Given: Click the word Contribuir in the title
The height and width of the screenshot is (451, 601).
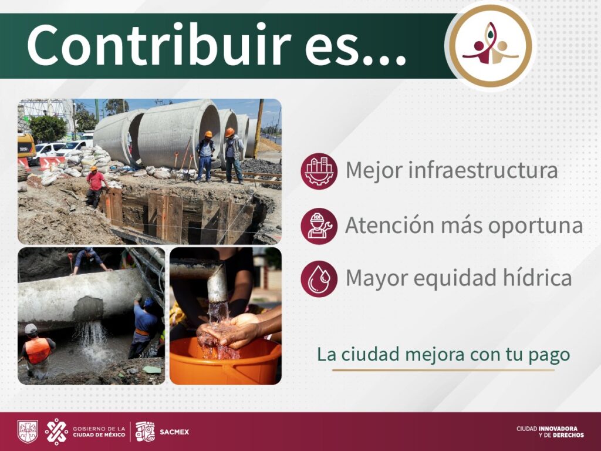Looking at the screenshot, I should [x=158, y=46].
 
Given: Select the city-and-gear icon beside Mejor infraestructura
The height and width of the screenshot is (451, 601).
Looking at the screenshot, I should [x=319, y=171].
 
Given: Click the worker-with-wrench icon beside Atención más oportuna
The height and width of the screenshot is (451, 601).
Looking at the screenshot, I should [x=319, y=225].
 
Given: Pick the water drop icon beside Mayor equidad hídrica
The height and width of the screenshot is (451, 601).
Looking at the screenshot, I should [x=319, y=278].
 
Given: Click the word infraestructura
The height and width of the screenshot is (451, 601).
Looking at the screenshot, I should [x=482, y=171].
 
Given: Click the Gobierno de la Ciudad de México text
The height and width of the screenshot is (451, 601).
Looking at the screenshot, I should [x=99, y=432].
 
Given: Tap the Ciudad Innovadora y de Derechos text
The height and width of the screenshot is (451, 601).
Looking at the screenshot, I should [x=550, y=432].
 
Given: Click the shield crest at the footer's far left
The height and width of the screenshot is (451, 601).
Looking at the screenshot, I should [x=28, y=432].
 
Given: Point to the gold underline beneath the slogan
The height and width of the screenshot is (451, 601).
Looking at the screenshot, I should [x=443, y=370].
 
